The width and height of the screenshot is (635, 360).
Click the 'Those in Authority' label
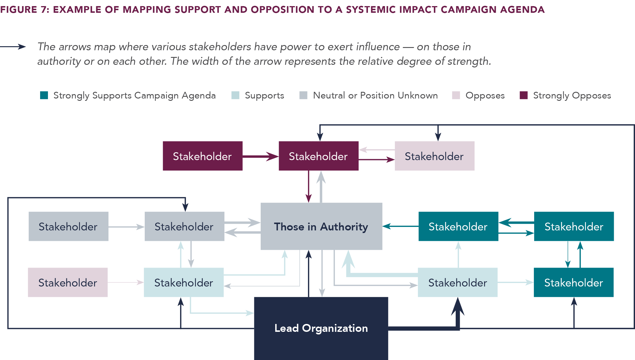[321, 227]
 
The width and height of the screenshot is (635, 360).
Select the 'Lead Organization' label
[321, 328]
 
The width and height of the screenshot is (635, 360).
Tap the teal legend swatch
[44, 95]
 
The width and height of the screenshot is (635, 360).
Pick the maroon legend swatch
[524, 95]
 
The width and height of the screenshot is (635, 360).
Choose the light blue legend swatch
[235, 95]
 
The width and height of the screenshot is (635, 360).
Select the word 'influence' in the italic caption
[378, 47]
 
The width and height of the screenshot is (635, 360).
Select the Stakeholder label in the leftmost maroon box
[202, 156]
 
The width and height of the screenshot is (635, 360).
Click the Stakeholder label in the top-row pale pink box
[434, 156]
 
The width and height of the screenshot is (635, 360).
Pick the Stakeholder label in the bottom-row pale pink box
[68, 283]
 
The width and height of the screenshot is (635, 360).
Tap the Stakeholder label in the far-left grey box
[68, 227]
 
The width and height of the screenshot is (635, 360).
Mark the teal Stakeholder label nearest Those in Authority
[458, 227]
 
